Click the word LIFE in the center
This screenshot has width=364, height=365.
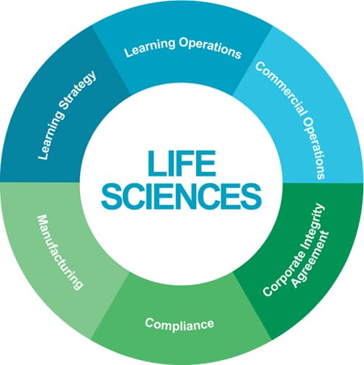[x=182, y=163]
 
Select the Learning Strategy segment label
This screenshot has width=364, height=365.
[x=67, y=115]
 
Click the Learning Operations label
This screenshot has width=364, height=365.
[x=182, y=48]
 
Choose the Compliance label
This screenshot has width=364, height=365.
[x=179, y=324]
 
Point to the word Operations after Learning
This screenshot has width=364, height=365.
[x=210, y=48]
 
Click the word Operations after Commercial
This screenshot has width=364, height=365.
[x=315, y=148]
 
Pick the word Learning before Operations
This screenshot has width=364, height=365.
[x=149, y=49]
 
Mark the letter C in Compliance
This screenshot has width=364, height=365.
[x=150, y=323]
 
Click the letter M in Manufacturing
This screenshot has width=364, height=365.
[x=42, y=221]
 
